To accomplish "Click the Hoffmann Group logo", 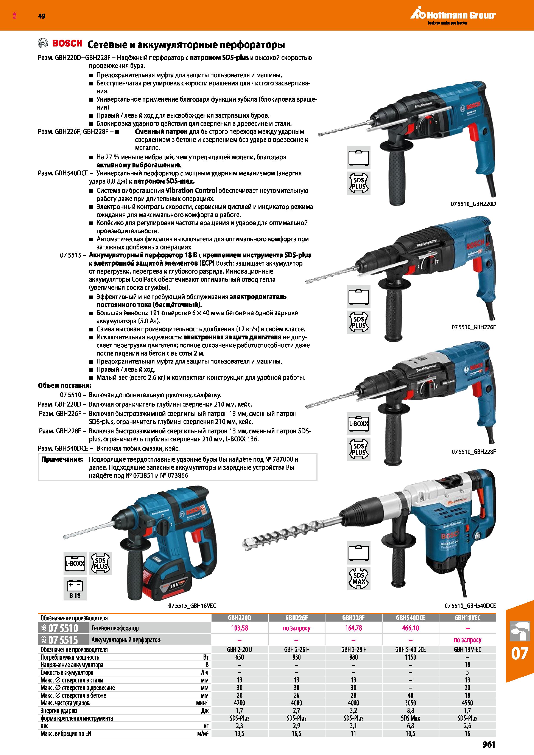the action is tap(453, 15).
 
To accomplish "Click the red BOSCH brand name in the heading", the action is tap(67, 43).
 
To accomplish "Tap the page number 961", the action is tap(489, 744).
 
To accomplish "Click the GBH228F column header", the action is tap(353, 618).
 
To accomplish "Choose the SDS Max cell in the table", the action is tap(410, 718).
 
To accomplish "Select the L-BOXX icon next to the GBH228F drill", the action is tap(359, 424).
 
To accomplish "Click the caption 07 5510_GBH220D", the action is tap(473, 204).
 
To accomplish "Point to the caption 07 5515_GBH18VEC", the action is tap(192, 606).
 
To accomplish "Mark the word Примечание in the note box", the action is tap(62, 459).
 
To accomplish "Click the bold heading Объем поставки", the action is tap(65, 385).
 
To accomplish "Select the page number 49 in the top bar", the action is tap(42, 16).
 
